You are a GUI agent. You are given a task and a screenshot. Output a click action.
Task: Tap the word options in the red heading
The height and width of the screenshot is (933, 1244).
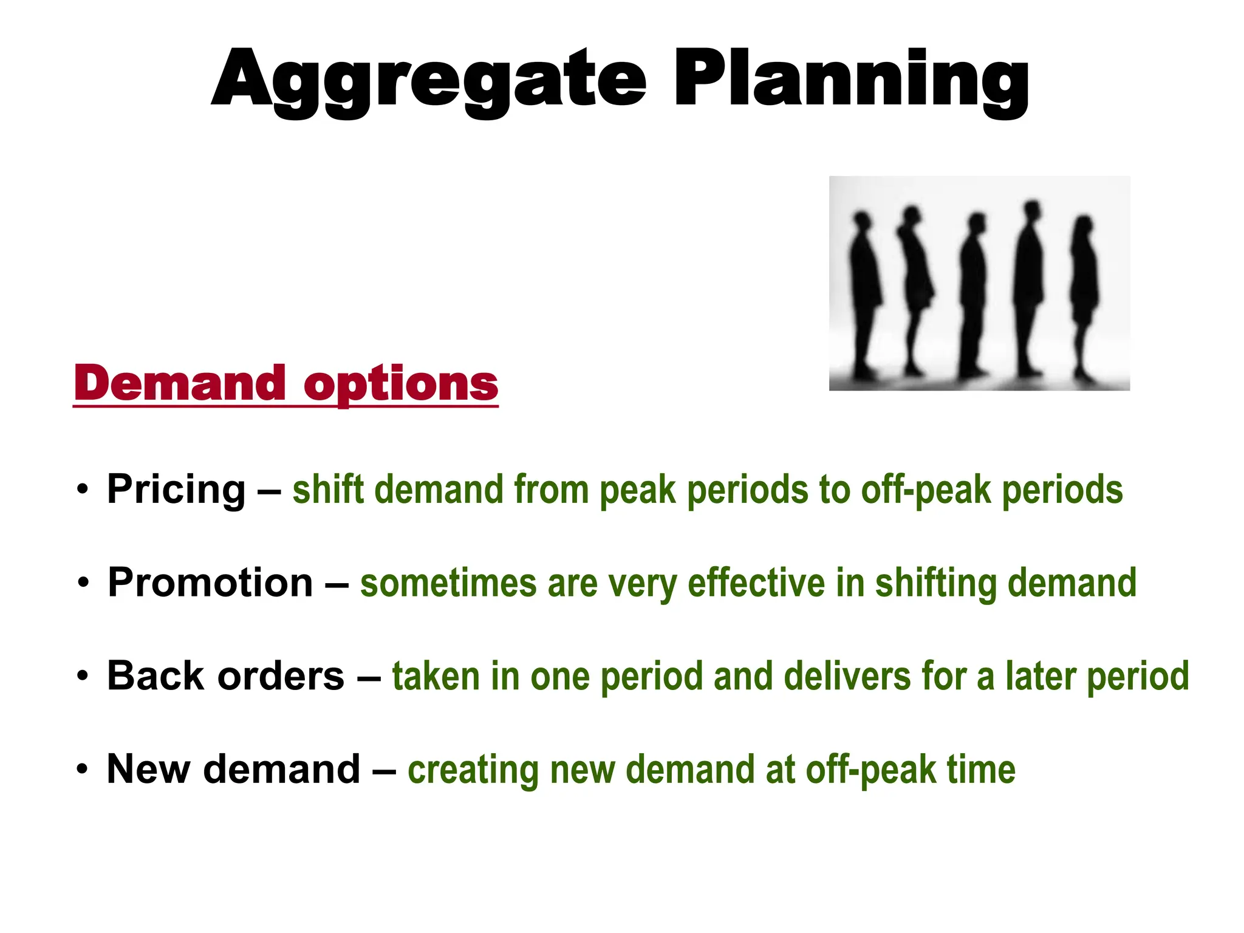coord(401,384)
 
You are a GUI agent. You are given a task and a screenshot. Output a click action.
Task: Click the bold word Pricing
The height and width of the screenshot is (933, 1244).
coord(176,490)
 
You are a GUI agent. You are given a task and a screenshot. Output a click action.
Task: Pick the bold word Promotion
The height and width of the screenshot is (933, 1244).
coord(210,583)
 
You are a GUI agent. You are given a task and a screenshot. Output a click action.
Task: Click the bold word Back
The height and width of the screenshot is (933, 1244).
coord(155,675)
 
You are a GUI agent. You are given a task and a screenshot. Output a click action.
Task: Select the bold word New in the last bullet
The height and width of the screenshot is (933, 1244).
coord(148,769)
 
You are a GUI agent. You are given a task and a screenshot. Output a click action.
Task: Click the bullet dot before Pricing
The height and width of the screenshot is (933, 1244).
coord(83,490)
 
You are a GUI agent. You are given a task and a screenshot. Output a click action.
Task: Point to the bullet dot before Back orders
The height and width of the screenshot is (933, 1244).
coord(83,676)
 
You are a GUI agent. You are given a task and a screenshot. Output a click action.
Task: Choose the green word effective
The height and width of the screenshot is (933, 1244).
coord(756,583)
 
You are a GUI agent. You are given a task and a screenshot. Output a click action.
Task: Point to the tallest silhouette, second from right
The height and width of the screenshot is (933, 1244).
coord(1028,285)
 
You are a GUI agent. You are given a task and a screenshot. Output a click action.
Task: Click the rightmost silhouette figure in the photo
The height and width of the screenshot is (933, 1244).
coord(1084,292)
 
